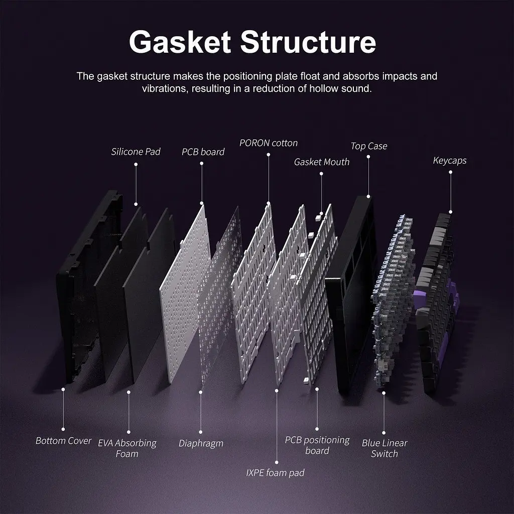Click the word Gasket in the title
(x=180, y=42)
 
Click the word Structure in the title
(x=308, y=42)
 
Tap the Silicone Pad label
(x=136, y=152)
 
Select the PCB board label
(x=203, y=152)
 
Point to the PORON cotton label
(x=269, y=143)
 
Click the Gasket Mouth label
(x=322, y=162)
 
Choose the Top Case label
(x=369, y=146)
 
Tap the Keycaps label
(x=450, y=161)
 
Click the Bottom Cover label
(x=63, y=441)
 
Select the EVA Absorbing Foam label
(x=127, y=448)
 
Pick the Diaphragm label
(x=201, y=444)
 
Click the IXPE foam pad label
(x=276, y=473)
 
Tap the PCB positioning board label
(x=317, y=445)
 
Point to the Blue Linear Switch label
(x=384, y=448)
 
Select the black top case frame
(x=349, y=295)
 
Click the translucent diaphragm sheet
(x=220, y=295)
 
